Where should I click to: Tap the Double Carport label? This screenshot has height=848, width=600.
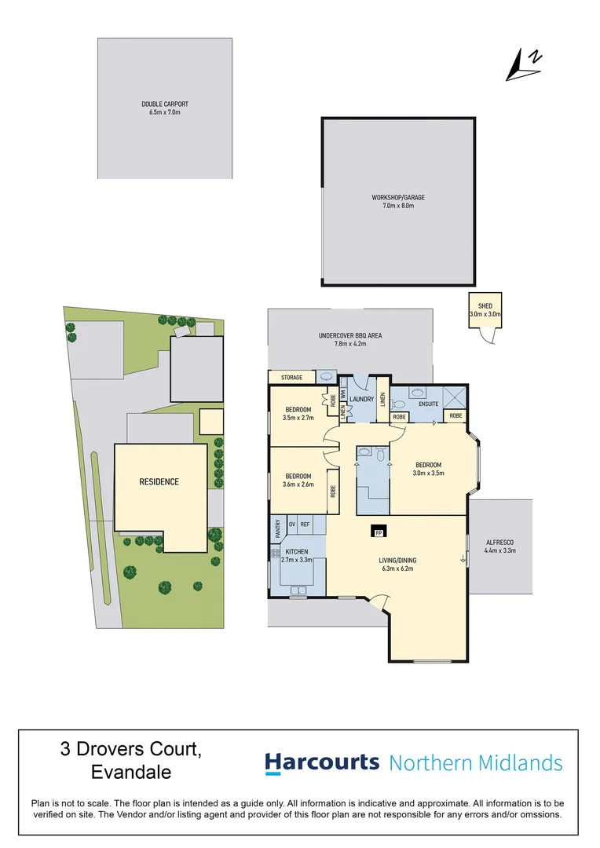coord(165,104)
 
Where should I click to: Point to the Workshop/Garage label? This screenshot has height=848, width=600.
coord(397,198)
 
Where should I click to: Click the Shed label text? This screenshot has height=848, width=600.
coord(485,306)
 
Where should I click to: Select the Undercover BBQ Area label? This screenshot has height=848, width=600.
coord(350,336)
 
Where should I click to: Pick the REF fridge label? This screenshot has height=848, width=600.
coord(305,524)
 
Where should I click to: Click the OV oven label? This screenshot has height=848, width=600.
coord(292,524)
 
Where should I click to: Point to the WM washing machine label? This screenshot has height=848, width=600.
coord(343,390)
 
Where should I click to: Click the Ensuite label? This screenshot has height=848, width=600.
coord(428,404)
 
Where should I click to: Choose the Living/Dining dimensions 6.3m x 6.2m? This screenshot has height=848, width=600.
coord(398,568)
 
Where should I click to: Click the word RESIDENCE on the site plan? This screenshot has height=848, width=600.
coord(159,481)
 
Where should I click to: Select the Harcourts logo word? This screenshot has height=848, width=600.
coord(322,762)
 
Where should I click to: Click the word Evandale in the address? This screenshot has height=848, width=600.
coord(131,772)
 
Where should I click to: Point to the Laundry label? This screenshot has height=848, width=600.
coord(361,399)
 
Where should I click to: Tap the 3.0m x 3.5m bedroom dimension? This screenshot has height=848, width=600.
coord(429,473)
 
